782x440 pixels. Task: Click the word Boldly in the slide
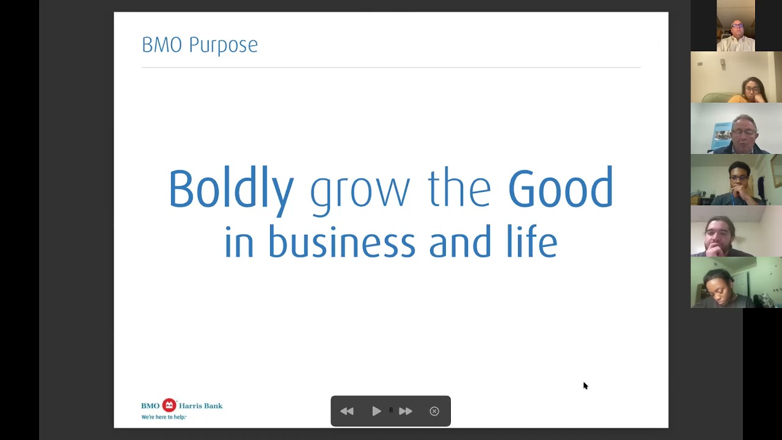point(231,189)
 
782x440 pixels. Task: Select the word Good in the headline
point(560,188)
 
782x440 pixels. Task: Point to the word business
point(342,242)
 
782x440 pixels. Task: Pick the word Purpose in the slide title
point(223,45)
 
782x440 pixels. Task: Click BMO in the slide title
point(162,45)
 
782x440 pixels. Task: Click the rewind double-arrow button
point(347,411)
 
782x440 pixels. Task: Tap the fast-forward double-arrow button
point(406,411)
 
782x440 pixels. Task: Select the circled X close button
point(434,411)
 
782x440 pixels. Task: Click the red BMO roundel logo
point(169,405)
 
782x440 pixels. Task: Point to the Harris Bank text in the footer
point(200,406)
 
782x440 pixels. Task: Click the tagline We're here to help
point(163,417)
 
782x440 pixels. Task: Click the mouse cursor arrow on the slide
point(585,385)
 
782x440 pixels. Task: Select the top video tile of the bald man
point(736,26)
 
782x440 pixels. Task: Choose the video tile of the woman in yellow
point(736,77)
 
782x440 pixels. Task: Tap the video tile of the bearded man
point(736,231)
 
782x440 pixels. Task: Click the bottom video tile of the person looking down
point(736,282)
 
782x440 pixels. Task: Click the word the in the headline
point(459,188)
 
